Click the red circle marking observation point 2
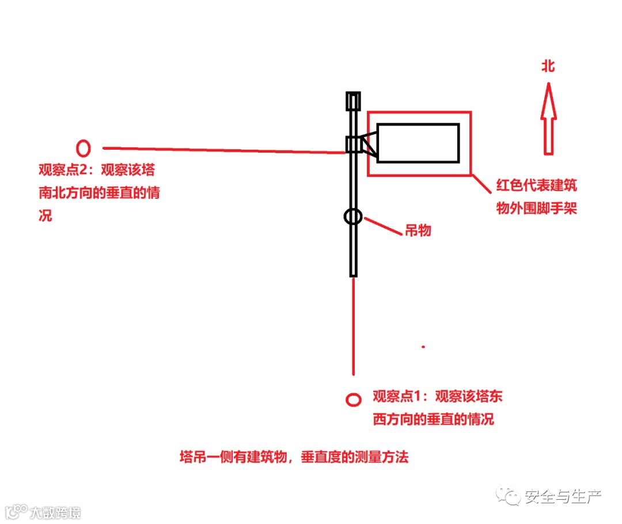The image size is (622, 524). click(x=84, y=148)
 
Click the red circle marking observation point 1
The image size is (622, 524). click(x=353, y=400)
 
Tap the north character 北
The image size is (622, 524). click(x=548, y=67)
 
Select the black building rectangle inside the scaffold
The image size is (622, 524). click(x=418, y=143)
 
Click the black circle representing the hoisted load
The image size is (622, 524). click(x=353, y=217)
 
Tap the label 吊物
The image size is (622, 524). click(x=418, y=231)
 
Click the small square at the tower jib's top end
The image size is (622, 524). click(x=352, y=101)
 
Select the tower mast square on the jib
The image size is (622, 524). click(x=353, y=144)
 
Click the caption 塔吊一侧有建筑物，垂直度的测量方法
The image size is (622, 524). click(x=294, y=458)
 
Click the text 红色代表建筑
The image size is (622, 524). click(x=536, y=185)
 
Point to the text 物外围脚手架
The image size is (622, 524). click(x=536, y=208)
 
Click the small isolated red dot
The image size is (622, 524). click(x=423, y=347)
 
